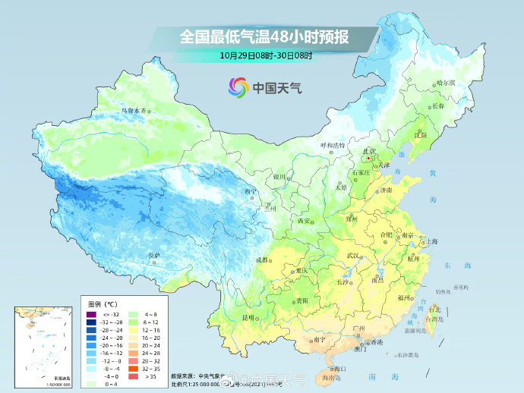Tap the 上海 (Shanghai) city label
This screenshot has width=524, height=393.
coord(431,241)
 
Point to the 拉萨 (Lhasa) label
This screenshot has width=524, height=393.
coord(154,256)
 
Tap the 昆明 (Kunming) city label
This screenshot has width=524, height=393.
coord(248,316)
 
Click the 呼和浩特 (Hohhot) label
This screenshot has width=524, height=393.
coord(332,144)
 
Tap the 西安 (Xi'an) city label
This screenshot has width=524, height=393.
coord(305,221)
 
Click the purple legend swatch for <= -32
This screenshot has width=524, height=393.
coord(90,313)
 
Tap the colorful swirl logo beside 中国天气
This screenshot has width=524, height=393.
coord(238,88)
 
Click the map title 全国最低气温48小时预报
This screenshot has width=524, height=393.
coord(262,36)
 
